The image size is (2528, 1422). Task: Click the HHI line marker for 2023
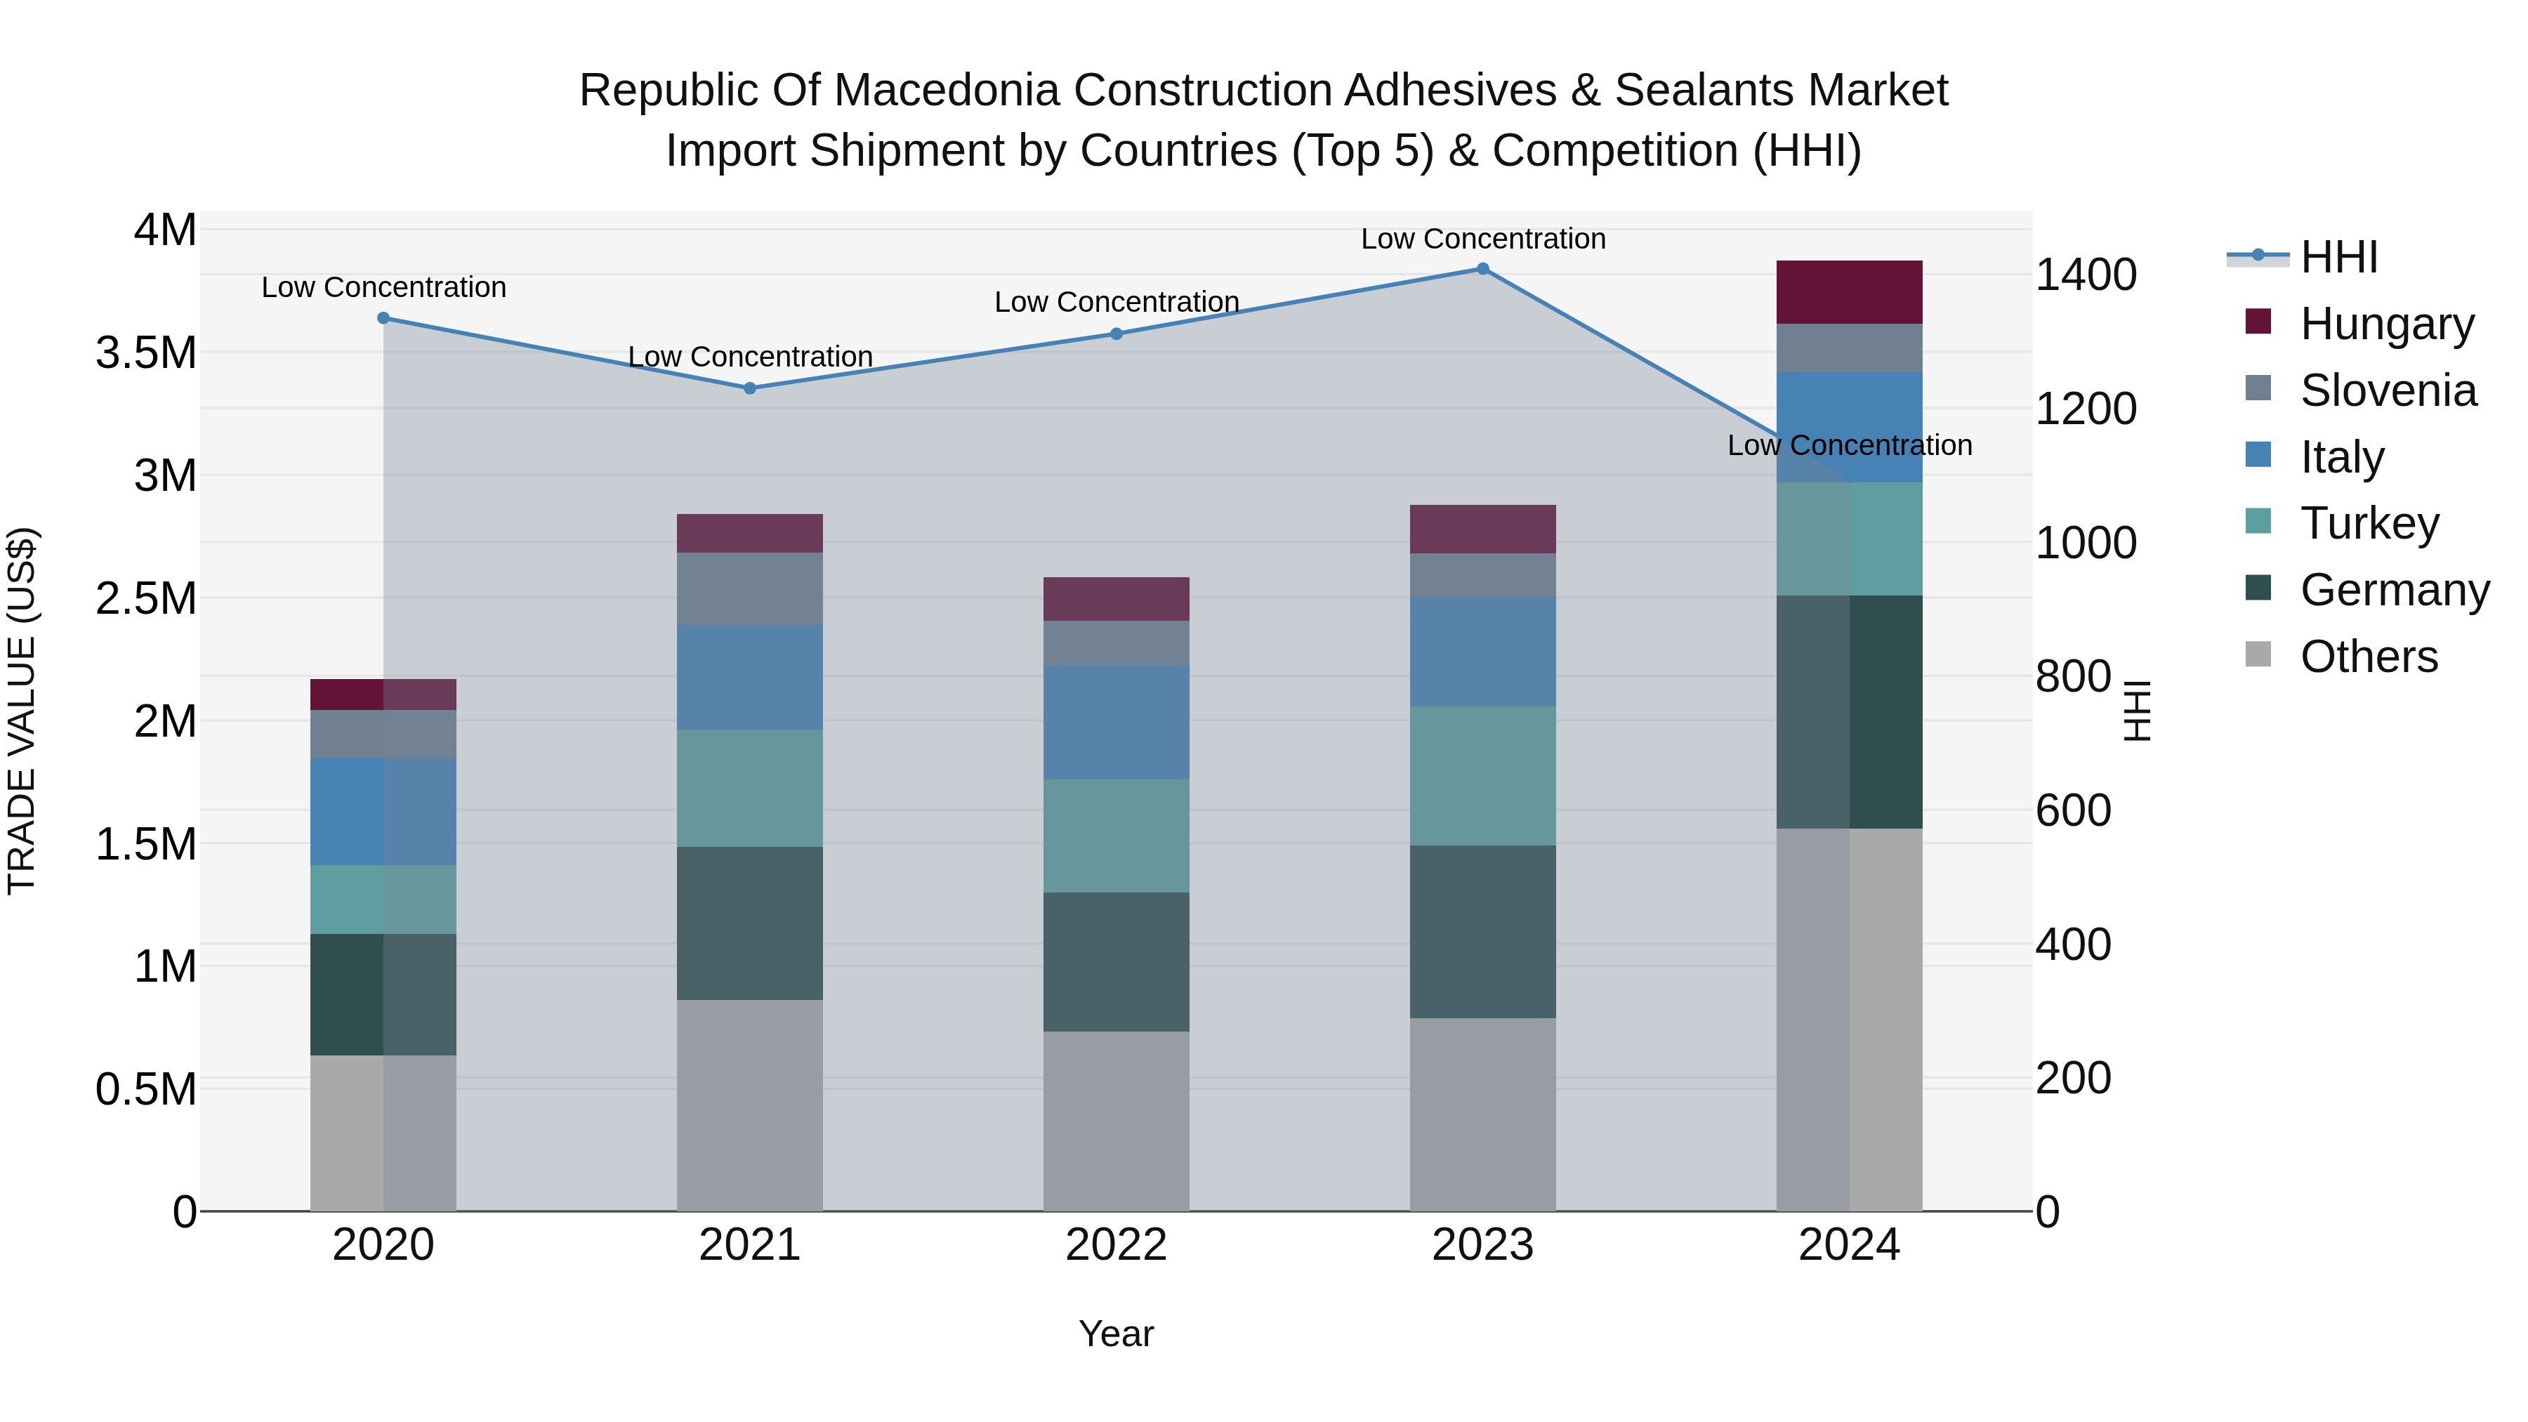coord(1483,269)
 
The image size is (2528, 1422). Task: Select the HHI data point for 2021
coord(750,388)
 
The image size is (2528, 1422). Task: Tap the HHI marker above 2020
coord(383,318)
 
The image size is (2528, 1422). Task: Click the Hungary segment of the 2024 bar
coord(1849,292)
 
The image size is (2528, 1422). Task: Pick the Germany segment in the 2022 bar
coord(1116,962)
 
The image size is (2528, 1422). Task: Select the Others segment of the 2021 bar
coord(750,1105)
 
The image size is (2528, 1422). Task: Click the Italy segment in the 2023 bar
coord(1483,652)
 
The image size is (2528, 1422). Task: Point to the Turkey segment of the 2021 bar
coord(750,788)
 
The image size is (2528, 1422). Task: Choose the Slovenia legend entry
coord(2388,390)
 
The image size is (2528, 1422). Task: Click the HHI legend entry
coord(2338,257)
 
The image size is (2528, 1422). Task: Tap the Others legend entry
coord(2368,657)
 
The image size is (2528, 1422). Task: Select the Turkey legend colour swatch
coord(2258,522)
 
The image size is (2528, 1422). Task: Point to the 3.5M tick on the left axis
coord(146,353)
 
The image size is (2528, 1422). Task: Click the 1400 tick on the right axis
coord(2086,275)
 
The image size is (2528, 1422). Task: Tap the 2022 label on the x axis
coord(1116,1245)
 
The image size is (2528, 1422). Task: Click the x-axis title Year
coord(1116,1334)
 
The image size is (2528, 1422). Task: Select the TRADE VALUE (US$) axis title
coord(22,711)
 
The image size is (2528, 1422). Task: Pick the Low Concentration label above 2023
coord(1483,239)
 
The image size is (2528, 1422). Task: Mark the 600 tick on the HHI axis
coord(2074,810)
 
